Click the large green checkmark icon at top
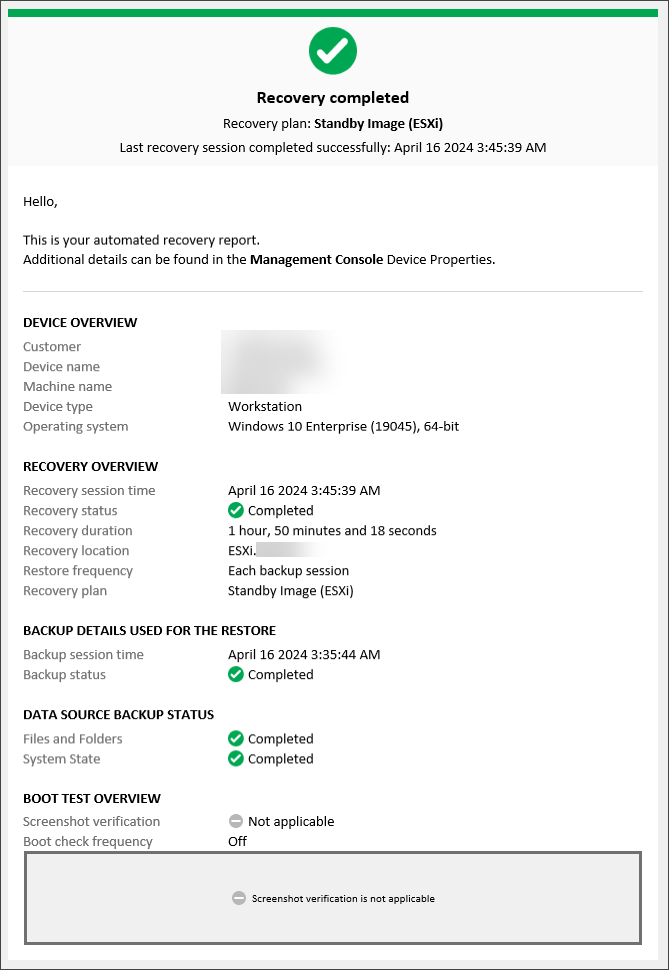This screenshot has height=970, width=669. click(333, 50)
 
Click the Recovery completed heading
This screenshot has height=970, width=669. click(333, 98)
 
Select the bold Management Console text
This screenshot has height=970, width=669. click(316, 260)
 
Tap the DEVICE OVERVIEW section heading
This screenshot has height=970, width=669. click(80, 323)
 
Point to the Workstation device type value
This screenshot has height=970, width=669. click(265, 407)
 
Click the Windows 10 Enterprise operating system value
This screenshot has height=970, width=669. click(343, 427)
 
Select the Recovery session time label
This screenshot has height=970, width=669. click(89, 491)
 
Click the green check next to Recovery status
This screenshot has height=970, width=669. click(236, 511)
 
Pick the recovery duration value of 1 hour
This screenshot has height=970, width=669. click(332, 531)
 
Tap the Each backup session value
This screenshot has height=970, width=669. click(288, 571)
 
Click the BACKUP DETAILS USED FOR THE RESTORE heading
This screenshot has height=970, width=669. click(149, 631)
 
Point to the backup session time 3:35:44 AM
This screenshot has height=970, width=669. click(304, 655)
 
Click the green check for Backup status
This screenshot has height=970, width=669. click(236, 675)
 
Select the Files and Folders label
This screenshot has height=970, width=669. click(73, 739)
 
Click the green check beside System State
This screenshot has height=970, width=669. click(236, 759)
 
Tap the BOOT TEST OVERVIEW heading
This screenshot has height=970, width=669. click(92, 799)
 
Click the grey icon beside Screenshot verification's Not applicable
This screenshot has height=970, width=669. click(236, 822)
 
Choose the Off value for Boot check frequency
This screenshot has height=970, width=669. click(237, 842)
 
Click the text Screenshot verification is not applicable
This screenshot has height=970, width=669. click(343, 899)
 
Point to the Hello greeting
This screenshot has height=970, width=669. click(40, 202)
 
